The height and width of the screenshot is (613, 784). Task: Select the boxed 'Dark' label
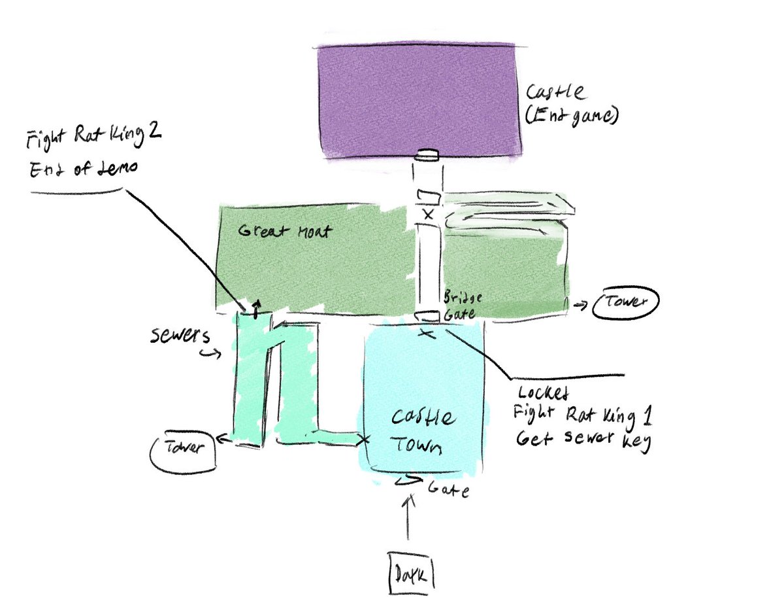411,574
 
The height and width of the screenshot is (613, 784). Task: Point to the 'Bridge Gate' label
463,306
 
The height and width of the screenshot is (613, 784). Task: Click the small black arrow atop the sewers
256,306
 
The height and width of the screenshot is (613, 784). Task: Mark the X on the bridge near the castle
428,214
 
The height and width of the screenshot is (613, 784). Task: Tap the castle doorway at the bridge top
429,155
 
